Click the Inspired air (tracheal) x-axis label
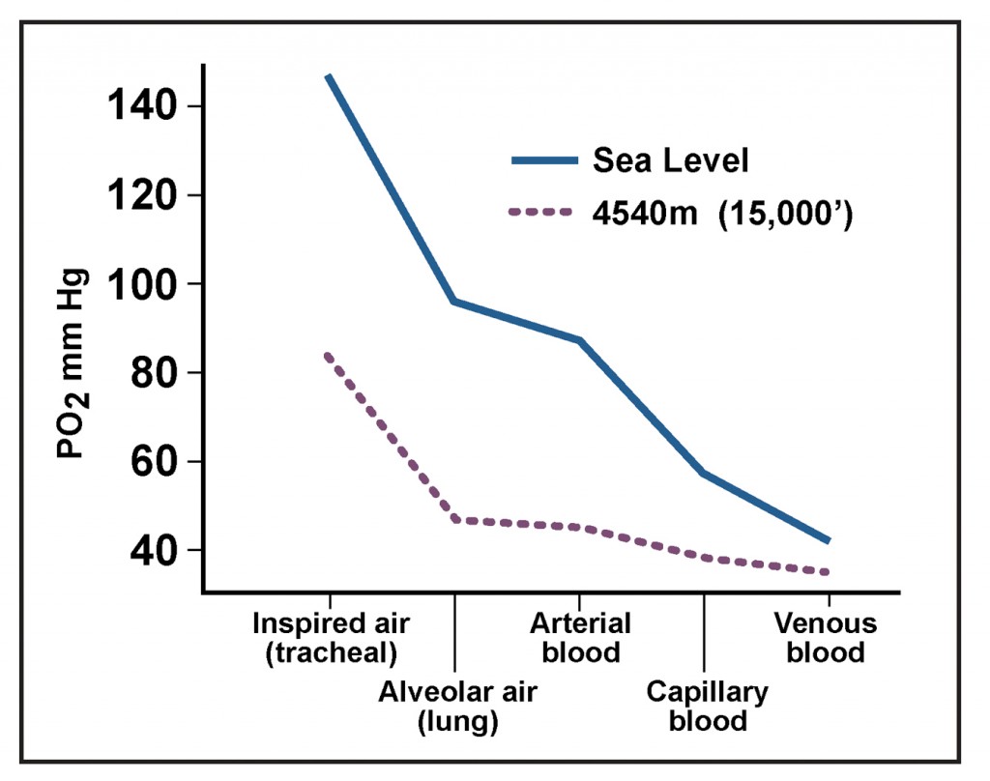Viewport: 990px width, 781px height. pos(331,638)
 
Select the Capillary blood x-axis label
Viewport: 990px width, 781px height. pos(708,707)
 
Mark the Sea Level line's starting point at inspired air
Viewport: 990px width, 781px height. pos(330,75)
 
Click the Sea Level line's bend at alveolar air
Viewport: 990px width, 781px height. pos(453,302)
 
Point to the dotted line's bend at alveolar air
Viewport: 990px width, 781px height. pos(453,519)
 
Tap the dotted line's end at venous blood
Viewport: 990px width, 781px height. pos(828,572)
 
